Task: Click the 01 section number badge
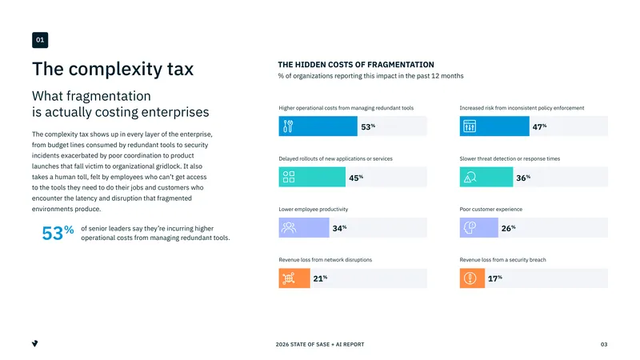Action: point(40,40)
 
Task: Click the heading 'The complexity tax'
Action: point(113,69)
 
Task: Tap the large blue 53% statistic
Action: point(58,233)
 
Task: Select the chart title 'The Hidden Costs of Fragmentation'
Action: point(356,65)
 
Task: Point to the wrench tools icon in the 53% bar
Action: point(288,126)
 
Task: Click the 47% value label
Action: point(539,127)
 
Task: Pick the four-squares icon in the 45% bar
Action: point(289,177)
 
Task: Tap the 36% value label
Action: point(523,178)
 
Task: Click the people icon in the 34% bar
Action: point(289,227)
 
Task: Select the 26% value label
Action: point(508,228)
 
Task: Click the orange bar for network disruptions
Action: point(294,278)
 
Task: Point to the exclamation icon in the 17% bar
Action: point(470,278)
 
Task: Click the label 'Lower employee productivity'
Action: point(314,209)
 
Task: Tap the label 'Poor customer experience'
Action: point(491,209)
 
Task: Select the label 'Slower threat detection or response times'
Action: point(510,158)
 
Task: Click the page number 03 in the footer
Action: point(604,345)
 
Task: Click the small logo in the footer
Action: point(35,344)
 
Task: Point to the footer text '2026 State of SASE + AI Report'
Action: point(320,345)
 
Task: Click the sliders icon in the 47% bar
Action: point(470,126)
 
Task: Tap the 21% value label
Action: point(320,278)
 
